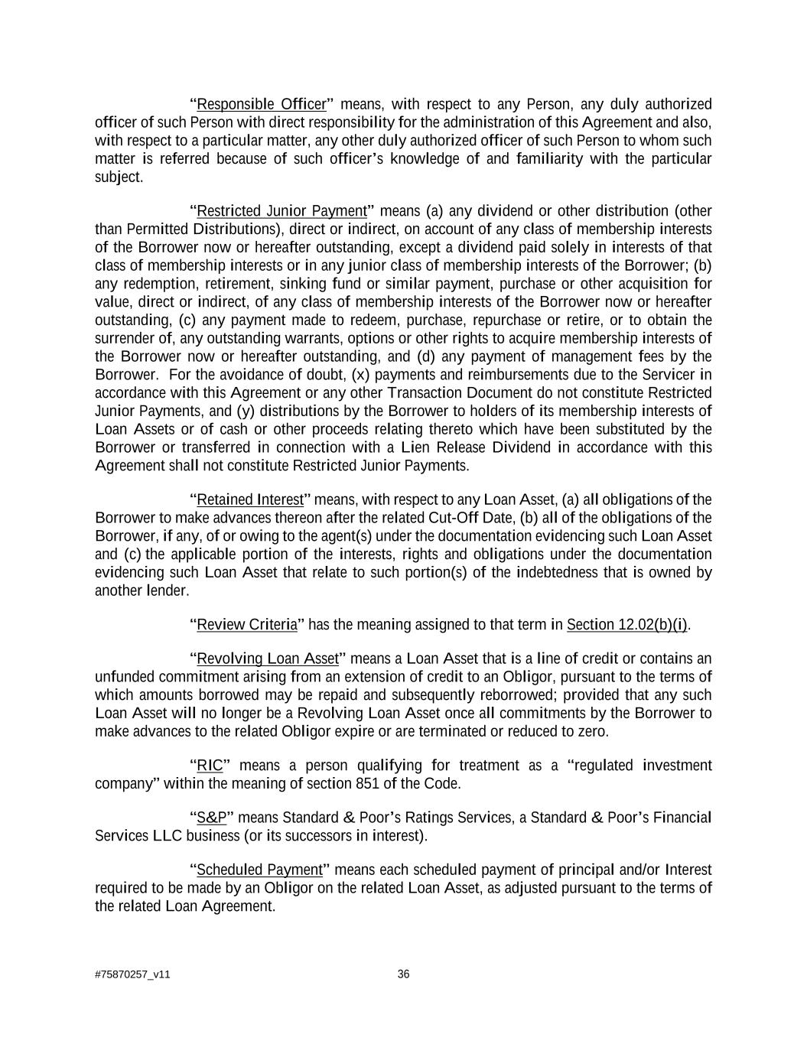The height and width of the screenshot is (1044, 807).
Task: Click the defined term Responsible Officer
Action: pos(262,104)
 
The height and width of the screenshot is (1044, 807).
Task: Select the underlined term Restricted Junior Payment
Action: pos(281,211)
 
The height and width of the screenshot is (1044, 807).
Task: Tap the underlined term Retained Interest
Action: pos(250,500)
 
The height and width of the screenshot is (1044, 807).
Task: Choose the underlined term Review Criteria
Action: pos(247,625)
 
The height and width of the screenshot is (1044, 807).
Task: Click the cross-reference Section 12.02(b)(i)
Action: pos(627,625)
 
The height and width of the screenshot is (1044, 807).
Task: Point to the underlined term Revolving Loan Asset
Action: pos(268,659)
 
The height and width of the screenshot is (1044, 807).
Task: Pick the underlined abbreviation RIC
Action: pos(209,766)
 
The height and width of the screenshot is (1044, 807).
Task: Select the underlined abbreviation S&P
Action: pos(212,818)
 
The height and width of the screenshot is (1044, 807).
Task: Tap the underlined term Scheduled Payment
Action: pos(260,870)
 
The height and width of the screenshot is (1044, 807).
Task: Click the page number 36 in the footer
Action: pos(404,974)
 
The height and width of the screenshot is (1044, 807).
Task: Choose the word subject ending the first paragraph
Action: pos(118,177)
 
